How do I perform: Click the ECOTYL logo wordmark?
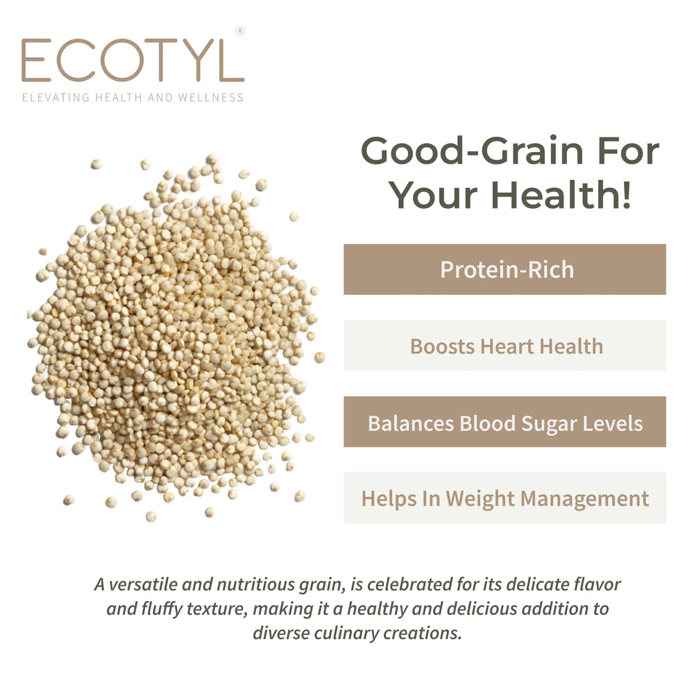click(x=133, y=60)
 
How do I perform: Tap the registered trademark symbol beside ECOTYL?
click(x=240, y=31)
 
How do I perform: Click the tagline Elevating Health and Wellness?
click(x=133, y=98)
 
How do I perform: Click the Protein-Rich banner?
click(x=505, y=269)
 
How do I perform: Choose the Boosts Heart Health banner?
click(x=505, y=346)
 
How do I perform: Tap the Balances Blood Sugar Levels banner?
click(x=505, y=422)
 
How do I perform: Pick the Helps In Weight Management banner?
click(x=505, y=498)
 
